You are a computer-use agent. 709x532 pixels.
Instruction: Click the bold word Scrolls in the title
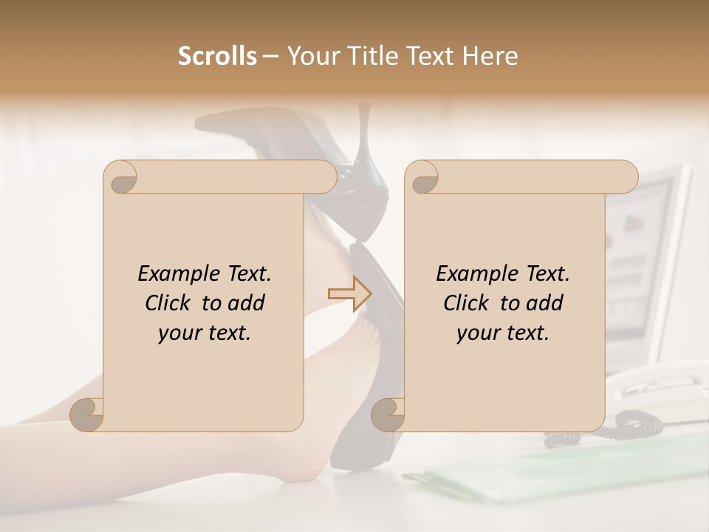(217, 56)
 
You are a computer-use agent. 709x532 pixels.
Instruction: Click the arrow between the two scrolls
(350, 293)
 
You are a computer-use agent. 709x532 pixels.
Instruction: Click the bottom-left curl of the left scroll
(87, 414)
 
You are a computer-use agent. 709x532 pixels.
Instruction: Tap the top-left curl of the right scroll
(422, 177)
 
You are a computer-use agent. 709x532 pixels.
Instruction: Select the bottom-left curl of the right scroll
(388, 414)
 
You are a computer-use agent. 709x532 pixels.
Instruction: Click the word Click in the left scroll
(170, 303)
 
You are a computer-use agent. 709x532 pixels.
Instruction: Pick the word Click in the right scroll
(468, 303)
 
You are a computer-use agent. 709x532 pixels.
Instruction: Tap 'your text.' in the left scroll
(204, 333)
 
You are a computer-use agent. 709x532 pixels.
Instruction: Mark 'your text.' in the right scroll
(502, 333)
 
